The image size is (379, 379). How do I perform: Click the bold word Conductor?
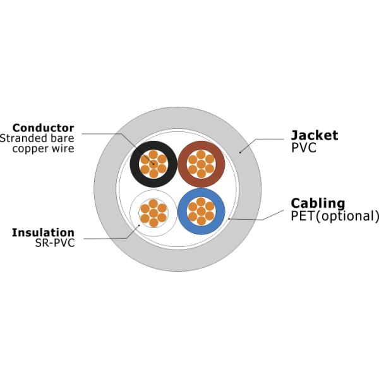click(43, 128)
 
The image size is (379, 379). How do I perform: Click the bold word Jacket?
click(314, 135)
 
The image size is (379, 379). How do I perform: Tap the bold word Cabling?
click(318, 203)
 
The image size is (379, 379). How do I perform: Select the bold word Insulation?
click(43, 232)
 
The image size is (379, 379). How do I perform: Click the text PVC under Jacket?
click(303, 148)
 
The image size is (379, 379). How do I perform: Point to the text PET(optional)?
click(335, 216)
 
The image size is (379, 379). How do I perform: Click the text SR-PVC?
click(55, 243)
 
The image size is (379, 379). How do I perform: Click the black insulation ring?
click(135, 164)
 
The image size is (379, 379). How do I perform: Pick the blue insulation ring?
click(183, 211)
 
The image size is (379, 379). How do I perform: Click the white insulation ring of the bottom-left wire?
click(135, 213)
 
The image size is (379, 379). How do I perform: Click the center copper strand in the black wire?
click(153, 164)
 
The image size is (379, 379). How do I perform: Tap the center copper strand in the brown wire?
click(201, 164)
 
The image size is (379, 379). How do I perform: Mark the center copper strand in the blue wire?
click(201, 211)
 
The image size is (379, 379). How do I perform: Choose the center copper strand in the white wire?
click(153, 213)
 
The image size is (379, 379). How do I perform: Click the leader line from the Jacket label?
click(265, 140)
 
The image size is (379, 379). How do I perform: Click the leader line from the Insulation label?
click(107, 239)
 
